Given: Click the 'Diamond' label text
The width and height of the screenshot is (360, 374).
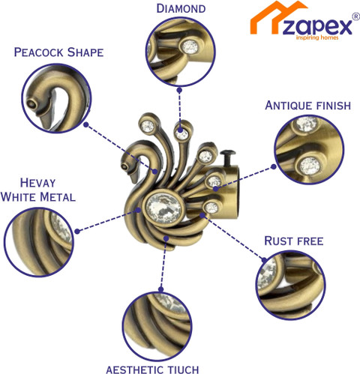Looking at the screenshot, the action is coord(181,9).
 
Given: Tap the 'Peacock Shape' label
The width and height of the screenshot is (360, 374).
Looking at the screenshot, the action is coord(58,52).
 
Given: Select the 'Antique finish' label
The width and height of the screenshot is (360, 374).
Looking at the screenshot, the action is coord(308,106).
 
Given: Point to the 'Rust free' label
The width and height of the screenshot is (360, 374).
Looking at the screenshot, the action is coord(294,241).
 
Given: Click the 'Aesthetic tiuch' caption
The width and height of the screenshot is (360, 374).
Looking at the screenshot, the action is coord(152,370).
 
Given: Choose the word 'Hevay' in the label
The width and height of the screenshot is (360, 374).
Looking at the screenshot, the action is coord(37,183).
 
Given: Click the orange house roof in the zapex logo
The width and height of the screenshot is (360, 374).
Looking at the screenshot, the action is coord(277,16).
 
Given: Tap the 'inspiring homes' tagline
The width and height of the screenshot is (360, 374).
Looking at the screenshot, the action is coord(317,37).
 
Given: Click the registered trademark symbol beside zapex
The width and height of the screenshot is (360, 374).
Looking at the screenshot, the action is coord(356,16).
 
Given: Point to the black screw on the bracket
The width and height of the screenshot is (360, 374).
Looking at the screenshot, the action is coord(227,157).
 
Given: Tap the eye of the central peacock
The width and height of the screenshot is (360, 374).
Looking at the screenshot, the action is coord(124,166).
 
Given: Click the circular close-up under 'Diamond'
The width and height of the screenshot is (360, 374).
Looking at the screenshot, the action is coord(180,52).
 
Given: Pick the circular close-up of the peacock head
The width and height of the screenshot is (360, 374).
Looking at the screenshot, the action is coord(56,98).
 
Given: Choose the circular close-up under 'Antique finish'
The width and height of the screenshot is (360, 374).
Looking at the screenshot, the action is coord(309,150).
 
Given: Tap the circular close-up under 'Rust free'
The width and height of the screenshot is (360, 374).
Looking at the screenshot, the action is coord(290,286).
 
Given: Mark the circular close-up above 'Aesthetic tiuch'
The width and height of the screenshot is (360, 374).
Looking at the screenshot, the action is coord(157,327).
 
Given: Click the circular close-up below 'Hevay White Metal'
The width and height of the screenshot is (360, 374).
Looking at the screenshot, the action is coord(39,242).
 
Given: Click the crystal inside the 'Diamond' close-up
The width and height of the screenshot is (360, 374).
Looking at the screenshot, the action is coord(190,46).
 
